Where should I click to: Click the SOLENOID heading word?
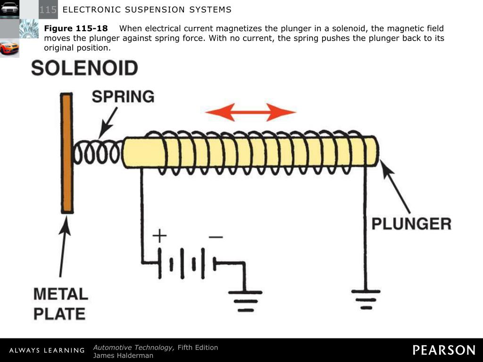(84, 69)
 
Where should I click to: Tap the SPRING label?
(123, 97)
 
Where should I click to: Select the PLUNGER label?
(411, 223)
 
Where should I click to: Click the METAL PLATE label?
(60, 304)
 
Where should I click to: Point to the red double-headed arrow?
(250, 112)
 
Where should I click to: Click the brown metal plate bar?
(67, 153)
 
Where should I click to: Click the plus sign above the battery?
(159, 236)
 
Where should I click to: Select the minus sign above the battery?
(216, 237)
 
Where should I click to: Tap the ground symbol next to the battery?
(245, 300)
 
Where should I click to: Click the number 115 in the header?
(48, 10)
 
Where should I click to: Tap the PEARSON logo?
(444, 350)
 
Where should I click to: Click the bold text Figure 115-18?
(76, 29)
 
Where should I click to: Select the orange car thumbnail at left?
(9, 48)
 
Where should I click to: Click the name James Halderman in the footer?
(123, 355)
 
